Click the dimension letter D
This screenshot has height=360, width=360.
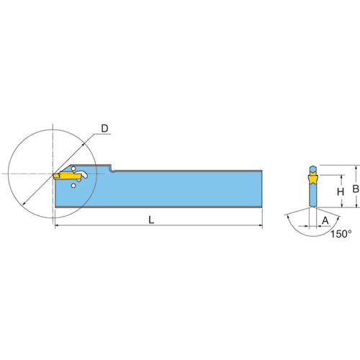pyautogui.click(x=104, y=129)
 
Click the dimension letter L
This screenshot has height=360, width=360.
pyautogui.click(x=151, y=220)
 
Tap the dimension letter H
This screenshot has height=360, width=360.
pyautogui.click(x=341, y=192)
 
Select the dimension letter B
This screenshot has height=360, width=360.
pyautogui.click(x=356, y=189)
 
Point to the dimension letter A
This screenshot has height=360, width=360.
pyautogui.click(x=325, y=220)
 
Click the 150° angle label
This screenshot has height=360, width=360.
pyautogui.click(x=341, y=234)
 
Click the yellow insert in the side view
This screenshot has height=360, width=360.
pyautogui.click(x=67, y=176)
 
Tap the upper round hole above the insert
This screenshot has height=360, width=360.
pyautogui.click(x=73, y=168)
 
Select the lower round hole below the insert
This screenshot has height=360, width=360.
pyautogui.click(x=73, y=186)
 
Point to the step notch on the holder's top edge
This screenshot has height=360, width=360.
pyautogui.click(x=112, y=168)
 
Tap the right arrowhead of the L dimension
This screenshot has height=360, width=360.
pyautogui.click(x=260, y=225)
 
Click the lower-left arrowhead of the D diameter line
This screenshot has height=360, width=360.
pyautogui.click(x=24, y=203)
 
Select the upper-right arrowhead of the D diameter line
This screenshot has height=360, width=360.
pyautogui.click(x=83, y=145)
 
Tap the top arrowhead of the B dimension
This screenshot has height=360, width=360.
pyautogui.click(x=356, y=168)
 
